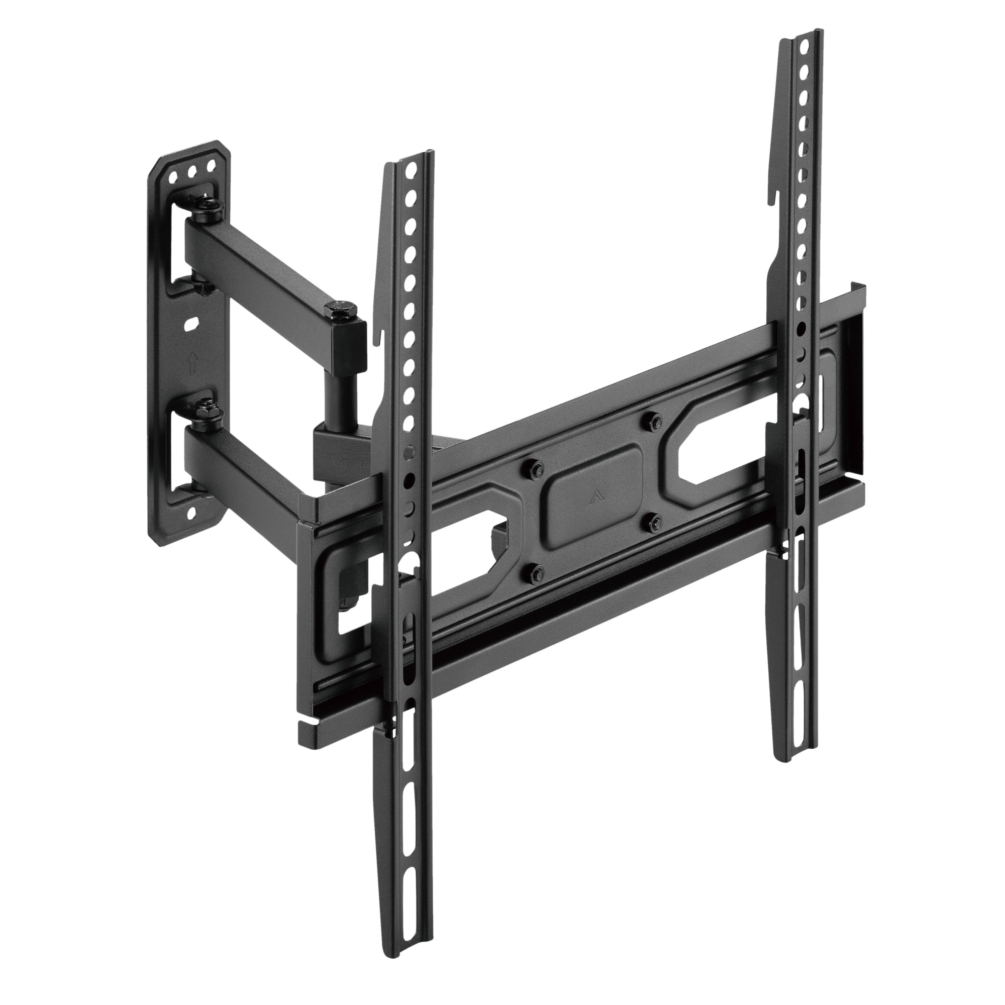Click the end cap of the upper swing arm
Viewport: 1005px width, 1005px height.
pos(350,343)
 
